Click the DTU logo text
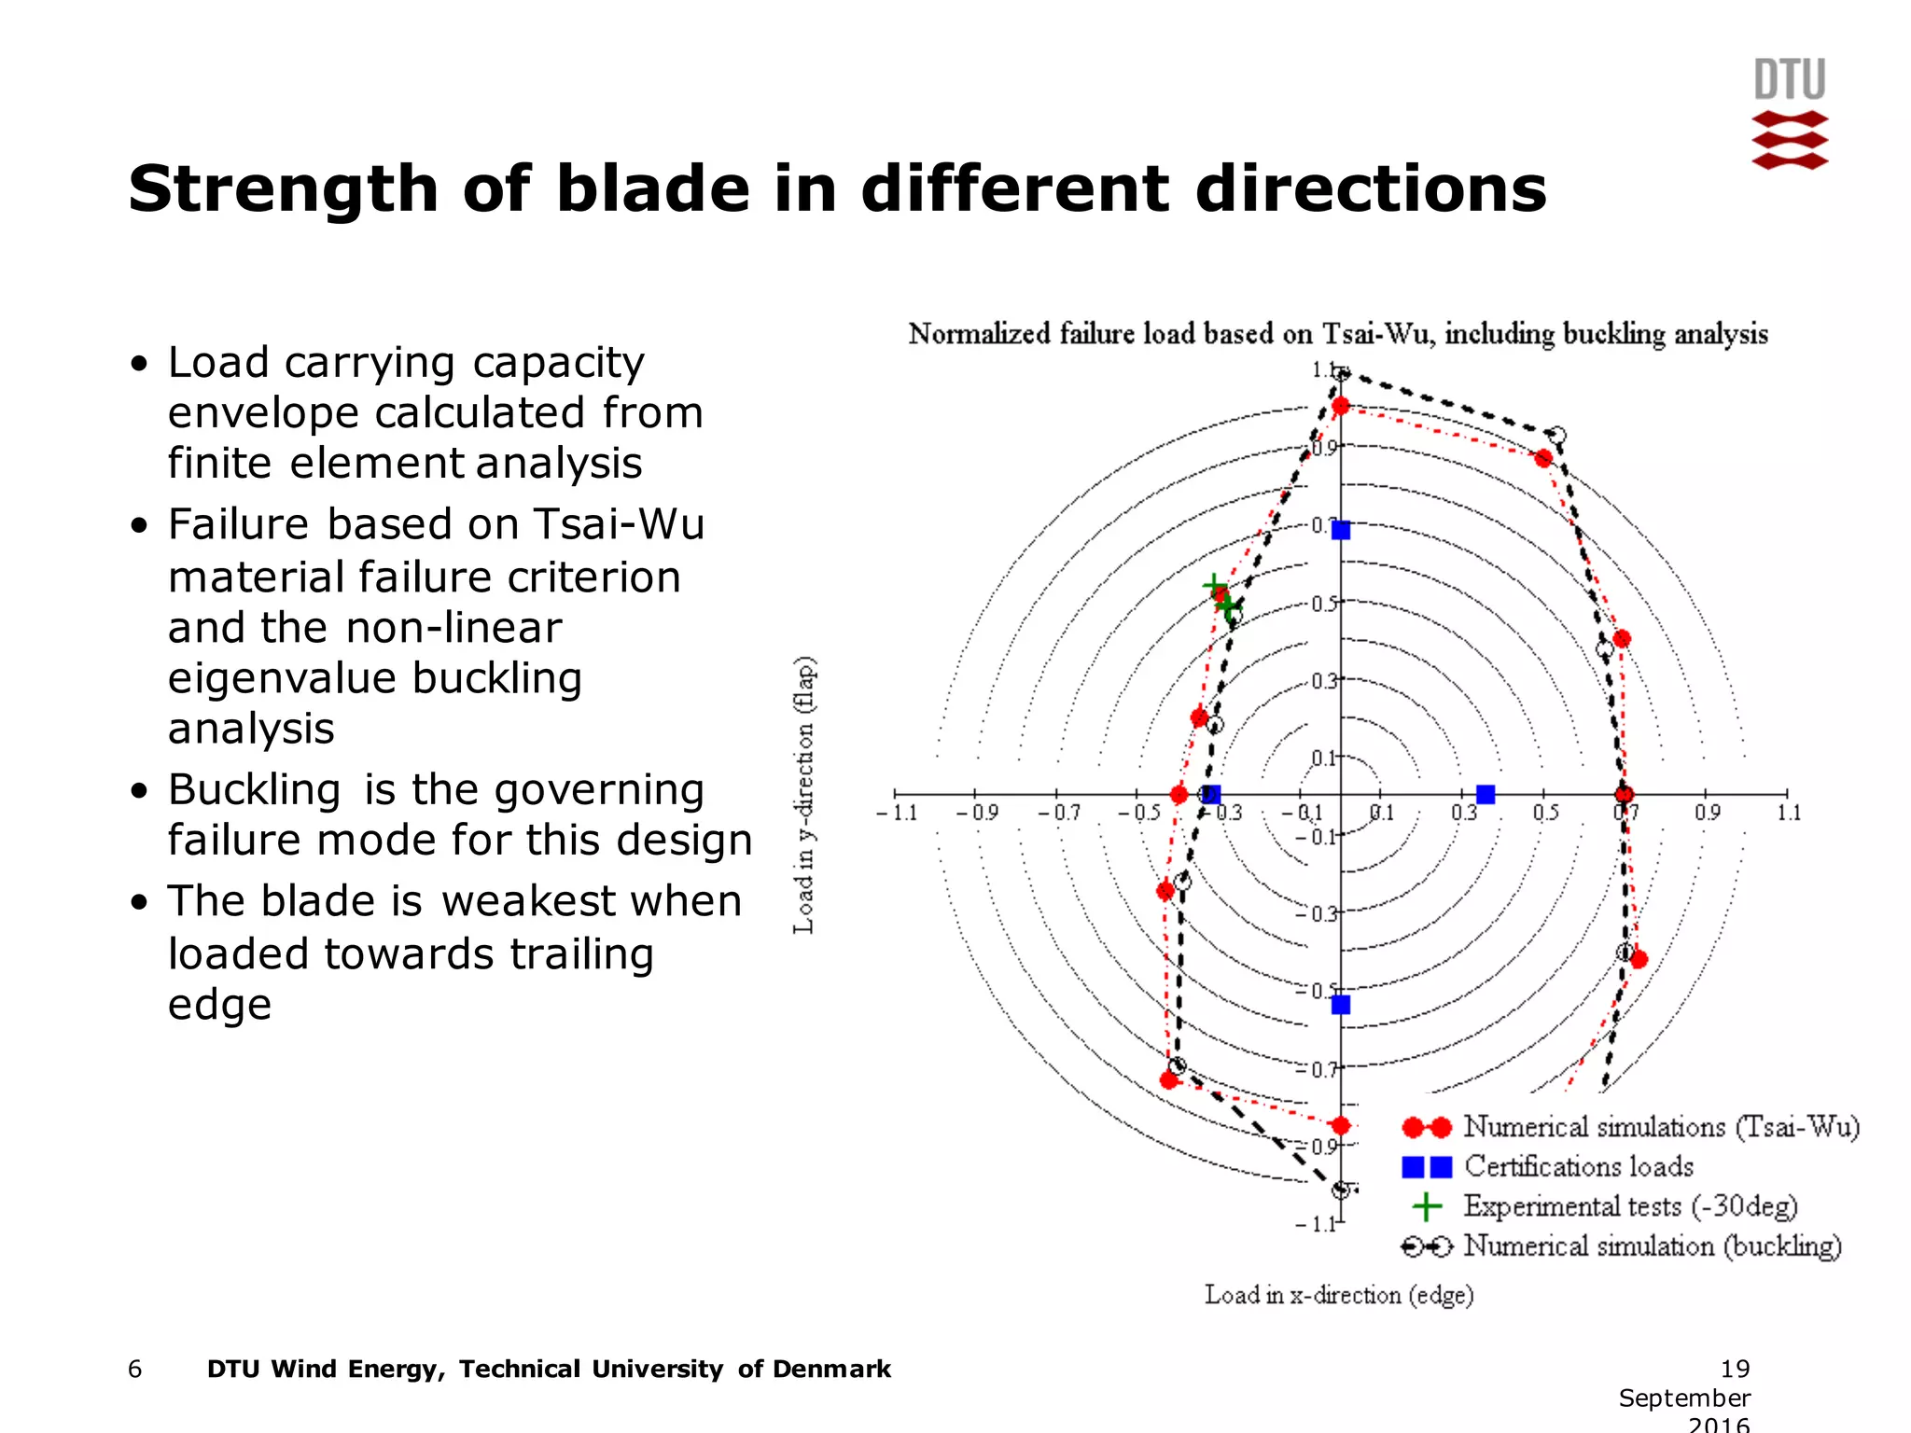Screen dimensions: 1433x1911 pyautogui.click(x=1789, y=80)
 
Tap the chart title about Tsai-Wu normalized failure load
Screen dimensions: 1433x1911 pyautogui.click(x=1338, y=334)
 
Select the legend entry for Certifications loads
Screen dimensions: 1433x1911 pyautogui.click(x=1578, y=1166)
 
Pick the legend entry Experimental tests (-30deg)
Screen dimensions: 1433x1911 pyautogui.click(x=1629, y=1206)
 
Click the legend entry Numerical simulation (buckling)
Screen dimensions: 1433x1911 pyautogui.click(x=1652, y=1246)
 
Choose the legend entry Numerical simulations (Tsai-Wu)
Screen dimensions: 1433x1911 pyautogui.click(x=1661, y=1127)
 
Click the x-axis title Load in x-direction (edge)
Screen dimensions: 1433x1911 pyautogui.click(x=1339, y=1295)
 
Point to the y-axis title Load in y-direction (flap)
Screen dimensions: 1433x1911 pyautogui.click(x=804, y=795)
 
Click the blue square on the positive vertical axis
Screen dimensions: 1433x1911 pyautogui.click(x=1341, y=530)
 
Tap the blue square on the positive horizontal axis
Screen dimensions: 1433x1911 pyautogui.click(x=1486, y=794)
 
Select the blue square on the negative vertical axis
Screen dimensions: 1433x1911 pyautogui.click(x=1341, y=1005)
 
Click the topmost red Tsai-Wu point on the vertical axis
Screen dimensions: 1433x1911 pyautogui.click(x=1341, y=406)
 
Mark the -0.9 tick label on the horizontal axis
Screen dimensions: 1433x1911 pyautogui.click(x=977, y=813)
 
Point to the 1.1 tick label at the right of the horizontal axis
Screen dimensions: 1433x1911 pyautogui.click(x=1789, y=813)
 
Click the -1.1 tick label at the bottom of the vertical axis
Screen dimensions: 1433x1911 pyautogui.click(x=1317, y=1224)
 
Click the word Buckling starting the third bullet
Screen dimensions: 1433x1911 pyautogui.click(x=254, y=790)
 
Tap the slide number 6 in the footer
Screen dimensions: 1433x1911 pyautogui.click(x=135, y=1369)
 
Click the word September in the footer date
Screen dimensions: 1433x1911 pyautogui.click(x=1684, y=1398)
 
